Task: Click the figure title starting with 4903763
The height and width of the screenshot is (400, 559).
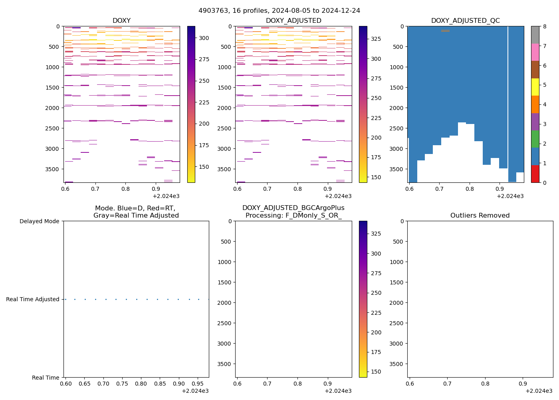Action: tap(279, 11)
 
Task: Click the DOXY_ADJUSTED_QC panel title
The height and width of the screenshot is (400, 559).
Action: tap(465, 21)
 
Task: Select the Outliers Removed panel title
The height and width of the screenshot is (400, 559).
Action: tap(480, 216)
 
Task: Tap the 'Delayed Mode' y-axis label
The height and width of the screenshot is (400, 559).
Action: tap(39, 221)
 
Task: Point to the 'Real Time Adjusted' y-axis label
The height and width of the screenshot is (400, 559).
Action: tap(33, 299)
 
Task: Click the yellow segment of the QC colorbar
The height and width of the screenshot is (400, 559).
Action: tap(535, 87)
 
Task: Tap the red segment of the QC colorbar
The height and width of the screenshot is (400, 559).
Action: tap(535, 174)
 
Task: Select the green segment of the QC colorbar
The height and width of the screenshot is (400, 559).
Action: tap(535, 139)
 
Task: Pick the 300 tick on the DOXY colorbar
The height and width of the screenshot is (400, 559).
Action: tap(204, 38)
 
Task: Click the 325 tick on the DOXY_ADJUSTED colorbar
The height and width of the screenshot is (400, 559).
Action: tap(376, 39)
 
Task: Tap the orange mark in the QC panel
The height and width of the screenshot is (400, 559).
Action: tap(445, 31)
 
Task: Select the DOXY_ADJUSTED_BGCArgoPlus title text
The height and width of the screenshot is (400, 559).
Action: tap(293, 208)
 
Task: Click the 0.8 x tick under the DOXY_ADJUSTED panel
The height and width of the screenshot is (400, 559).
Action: tap(297, 189)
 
